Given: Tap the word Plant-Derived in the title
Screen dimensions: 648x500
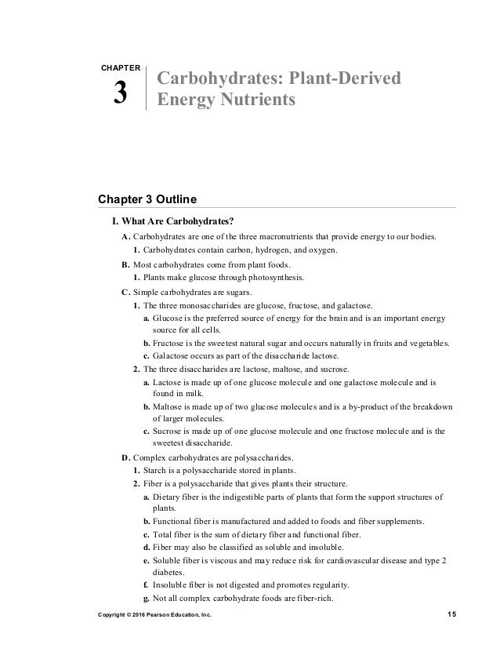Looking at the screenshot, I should coord(346,78).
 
